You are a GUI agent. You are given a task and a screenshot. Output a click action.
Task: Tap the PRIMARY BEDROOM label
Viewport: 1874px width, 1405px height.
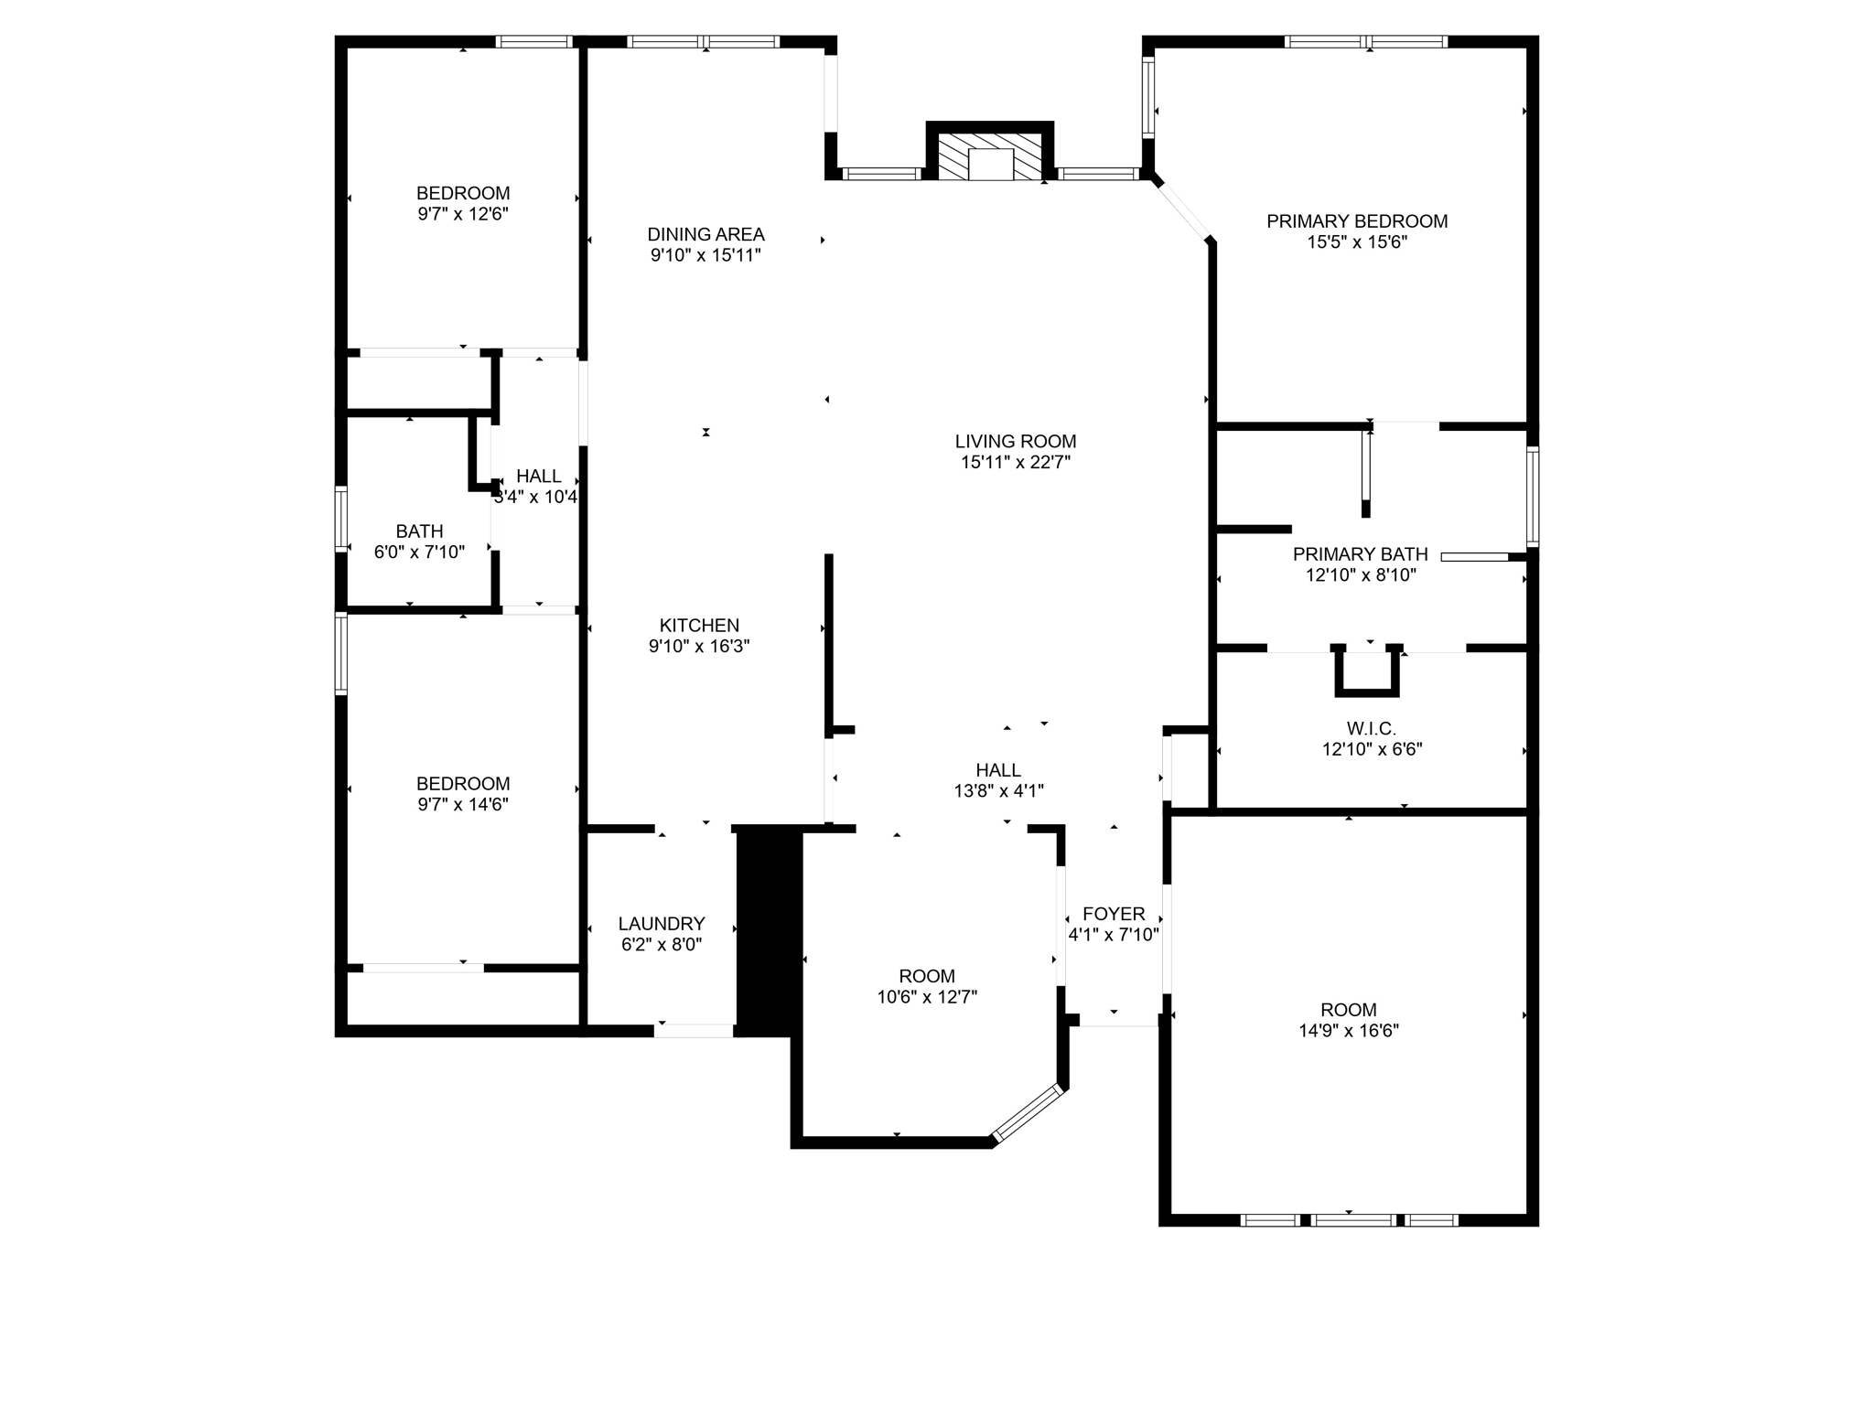[1356, 221]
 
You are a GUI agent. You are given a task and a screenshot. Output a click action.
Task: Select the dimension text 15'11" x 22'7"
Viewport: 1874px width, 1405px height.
[1015, 463]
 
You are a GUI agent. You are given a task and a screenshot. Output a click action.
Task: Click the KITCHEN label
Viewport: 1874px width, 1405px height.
[699, 626]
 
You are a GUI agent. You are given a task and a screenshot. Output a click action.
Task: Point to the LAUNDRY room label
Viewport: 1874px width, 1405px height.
[662, 924]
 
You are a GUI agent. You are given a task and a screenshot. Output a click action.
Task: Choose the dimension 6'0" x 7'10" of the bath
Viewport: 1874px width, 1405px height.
[419, 552]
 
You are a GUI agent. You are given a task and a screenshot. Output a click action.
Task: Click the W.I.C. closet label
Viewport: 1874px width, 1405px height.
[1371, 729]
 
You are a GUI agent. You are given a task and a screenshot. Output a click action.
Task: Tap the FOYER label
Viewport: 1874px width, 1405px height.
[1114, 914]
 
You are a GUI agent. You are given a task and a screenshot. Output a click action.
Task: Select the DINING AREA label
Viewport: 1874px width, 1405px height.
[705, 235]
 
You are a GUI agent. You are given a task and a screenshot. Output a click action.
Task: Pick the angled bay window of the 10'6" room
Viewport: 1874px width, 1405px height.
[1029, 1113]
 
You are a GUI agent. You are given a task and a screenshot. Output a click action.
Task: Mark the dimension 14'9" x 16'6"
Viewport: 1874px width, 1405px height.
[1348, 1031]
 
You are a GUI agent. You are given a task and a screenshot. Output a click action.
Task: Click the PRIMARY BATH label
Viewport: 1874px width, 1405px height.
[1360, 554]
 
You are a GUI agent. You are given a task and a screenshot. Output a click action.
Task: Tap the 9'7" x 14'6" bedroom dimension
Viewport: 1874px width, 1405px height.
[462, 805]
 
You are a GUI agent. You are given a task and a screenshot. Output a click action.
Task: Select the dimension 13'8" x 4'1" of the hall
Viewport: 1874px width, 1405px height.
[998, 791]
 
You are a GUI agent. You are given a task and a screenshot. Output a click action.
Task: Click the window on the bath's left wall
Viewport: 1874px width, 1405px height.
[341, 519]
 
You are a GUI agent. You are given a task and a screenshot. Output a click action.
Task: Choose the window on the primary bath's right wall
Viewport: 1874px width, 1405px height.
[1532, 496]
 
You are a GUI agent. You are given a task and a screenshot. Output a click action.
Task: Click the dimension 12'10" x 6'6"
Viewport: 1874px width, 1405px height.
[1371, 750]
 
